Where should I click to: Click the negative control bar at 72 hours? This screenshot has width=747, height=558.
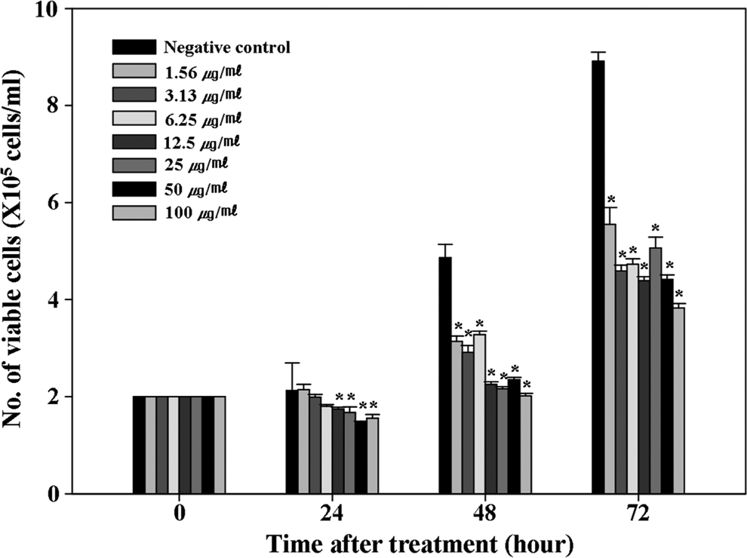[x=598, y=277]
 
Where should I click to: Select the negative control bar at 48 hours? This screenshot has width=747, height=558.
[x=445, y=376]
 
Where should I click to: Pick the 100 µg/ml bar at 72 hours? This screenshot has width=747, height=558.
[x=679, y=400]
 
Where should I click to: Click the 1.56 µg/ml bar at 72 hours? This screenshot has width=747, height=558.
[x=610, y=359]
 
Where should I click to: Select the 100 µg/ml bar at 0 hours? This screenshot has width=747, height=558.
[x=220, y=445]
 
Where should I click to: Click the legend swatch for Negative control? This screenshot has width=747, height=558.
[x=134, y=48]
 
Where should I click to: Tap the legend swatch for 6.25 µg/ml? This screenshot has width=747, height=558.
[x=134, y=118]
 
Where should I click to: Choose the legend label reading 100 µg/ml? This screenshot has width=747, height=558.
[x=201, y=213]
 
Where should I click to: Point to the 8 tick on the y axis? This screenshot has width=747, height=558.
[x=69, y=106]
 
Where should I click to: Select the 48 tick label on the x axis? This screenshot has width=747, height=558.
[x=486, y=515]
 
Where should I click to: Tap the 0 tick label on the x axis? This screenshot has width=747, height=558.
[x=179, y=515]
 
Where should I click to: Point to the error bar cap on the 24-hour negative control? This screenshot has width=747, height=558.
[x=292, y=363]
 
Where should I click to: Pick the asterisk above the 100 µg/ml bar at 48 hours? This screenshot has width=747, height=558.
[x=527, y=385]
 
